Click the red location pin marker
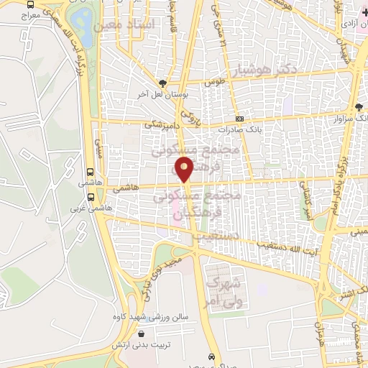[x=185, y=170]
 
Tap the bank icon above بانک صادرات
[x=239, y=119]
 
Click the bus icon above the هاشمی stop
[x=90, y=172]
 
